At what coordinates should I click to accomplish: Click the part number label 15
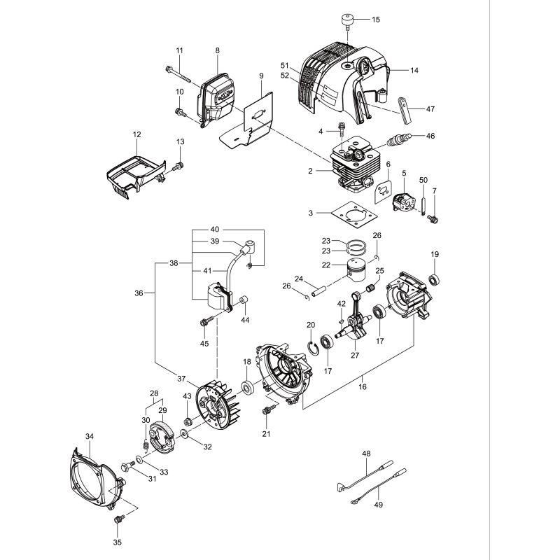(x=376, y=20)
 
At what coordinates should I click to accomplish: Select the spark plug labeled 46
(x=396, y=140)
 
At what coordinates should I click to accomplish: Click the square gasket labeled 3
(x=353, y=213)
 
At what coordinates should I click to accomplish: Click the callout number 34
(x=89, y=436)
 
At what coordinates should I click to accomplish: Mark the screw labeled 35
(x=118, y=521)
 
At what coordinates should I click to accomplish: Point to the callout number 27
(x=355, y=355)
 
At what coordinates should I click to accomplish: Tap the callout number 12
(x=136, y=134)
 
